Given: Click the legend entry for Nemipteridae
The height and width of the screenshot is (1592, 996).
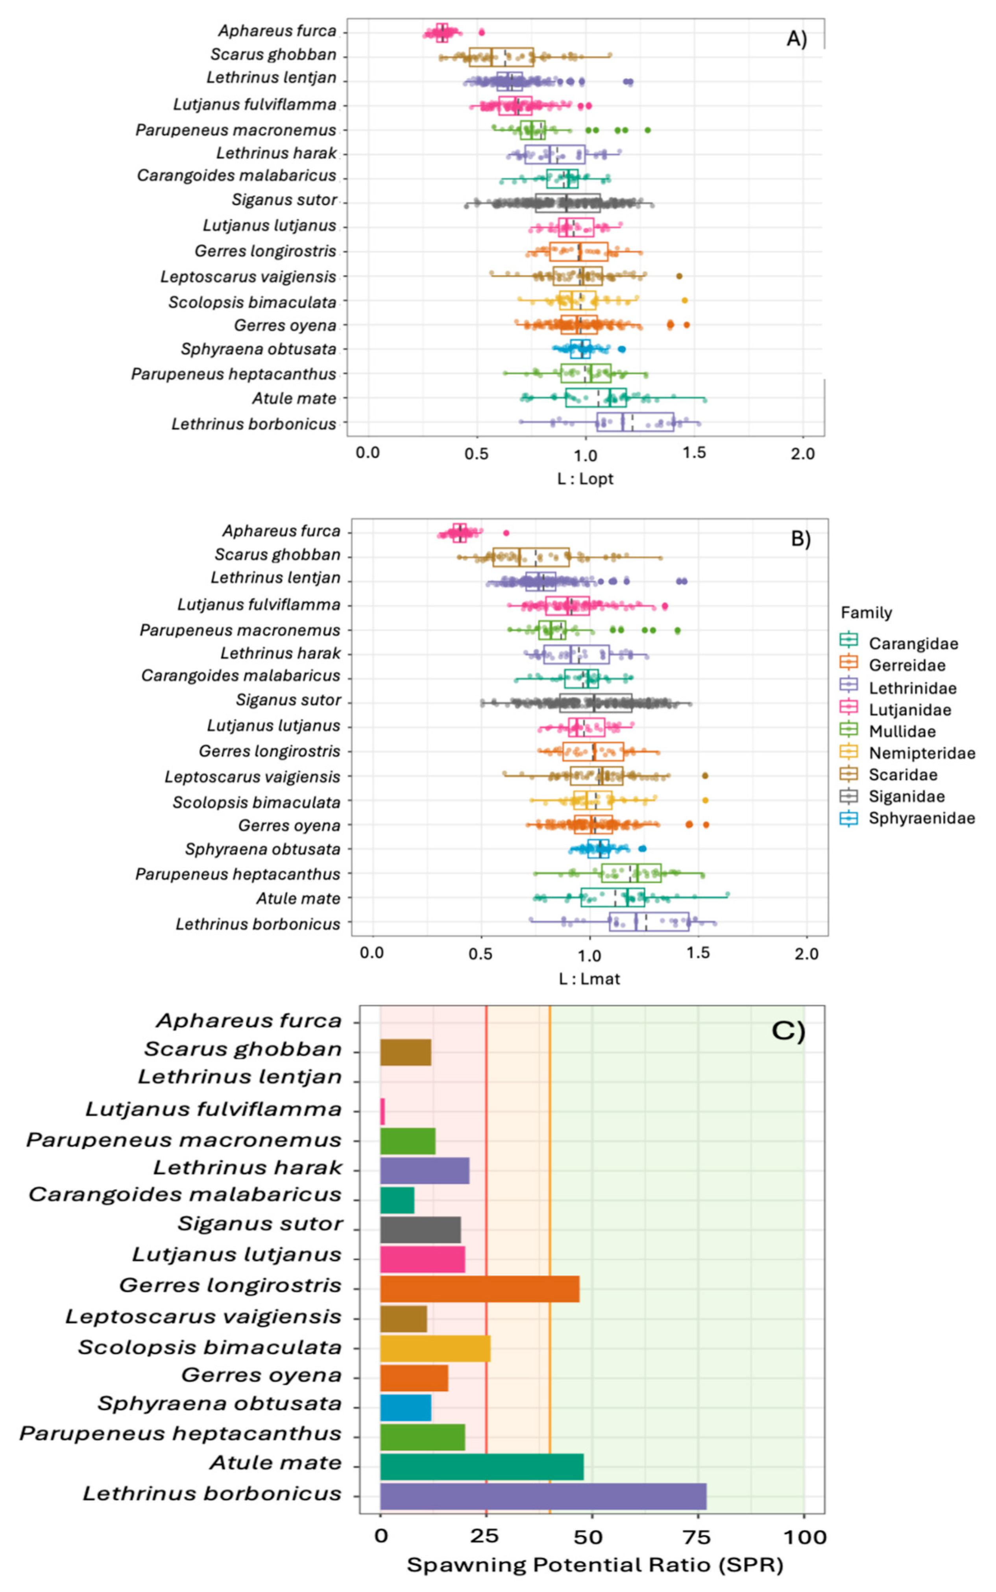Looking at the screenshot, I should point(921,753).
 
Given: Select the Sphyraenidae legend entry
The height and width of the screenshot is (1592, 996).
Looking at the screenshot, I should point(921,818).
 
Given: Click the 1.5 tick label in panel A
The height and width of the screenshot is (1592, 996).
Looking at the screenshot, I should point(694,454).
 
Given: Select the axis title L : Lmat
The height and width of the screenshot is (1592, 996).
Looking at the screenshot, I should point(589,979).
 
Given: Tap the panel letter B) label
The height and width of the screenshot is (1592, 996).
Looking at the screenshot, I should point(800,538).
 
